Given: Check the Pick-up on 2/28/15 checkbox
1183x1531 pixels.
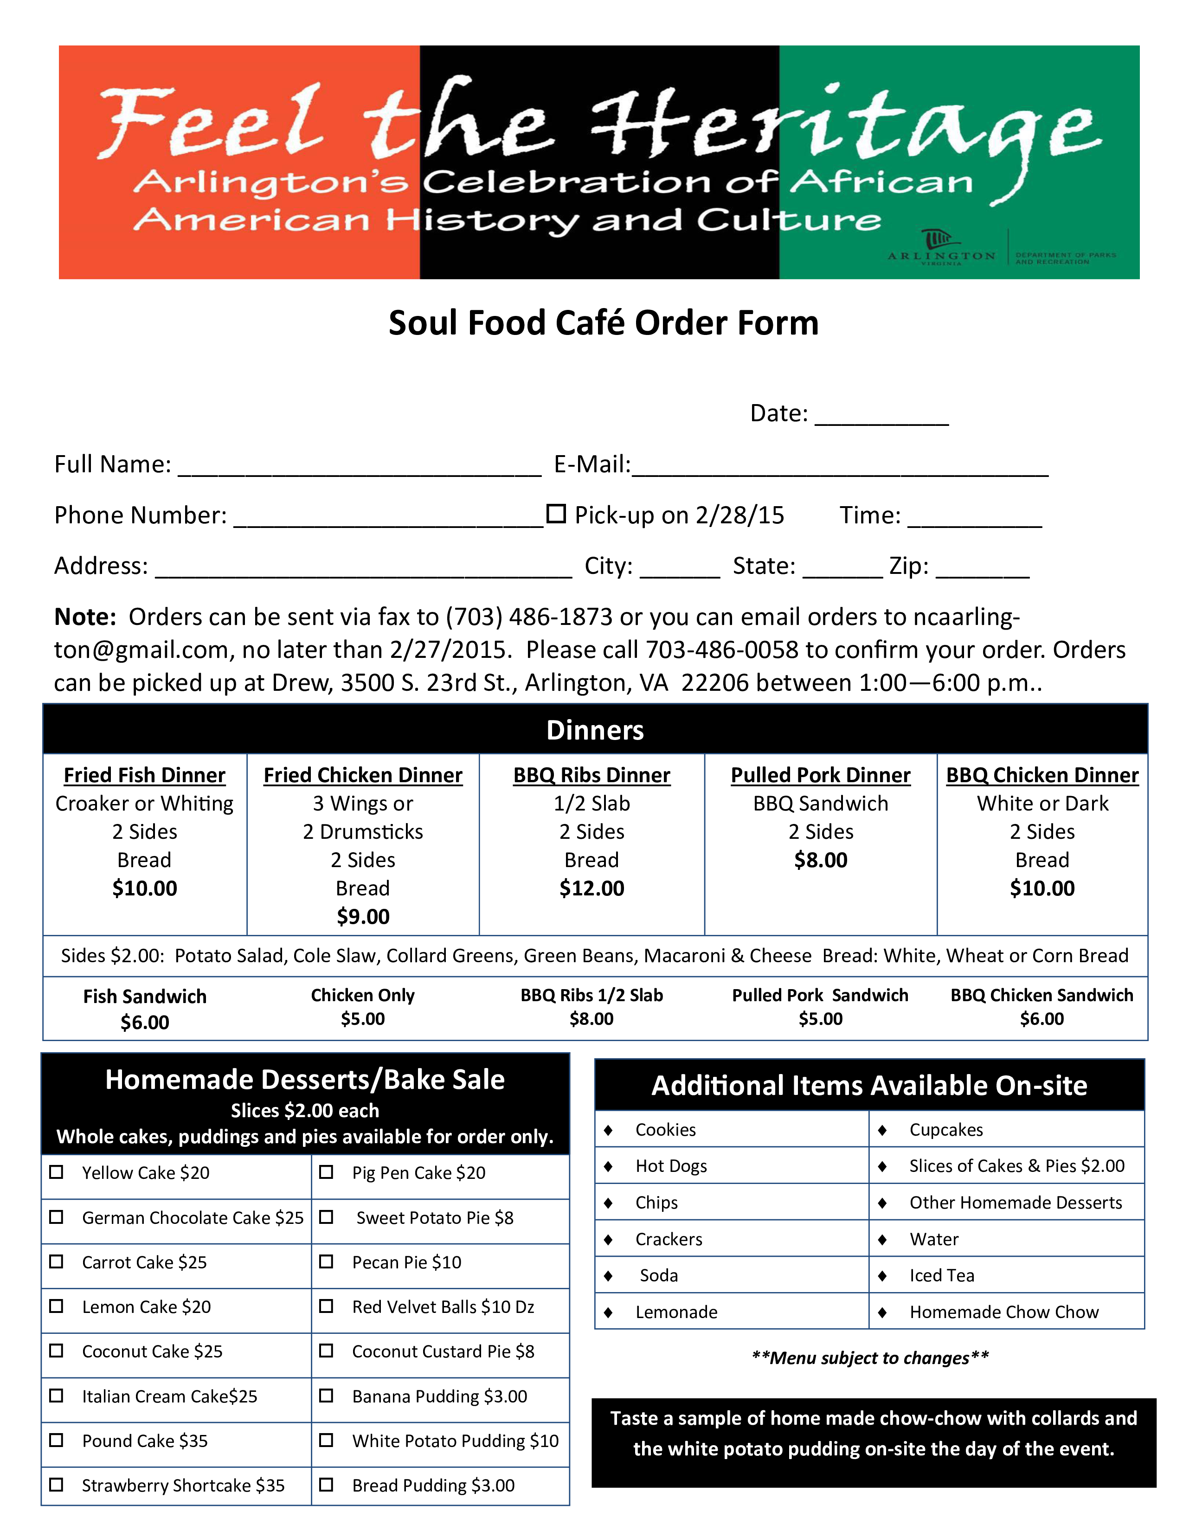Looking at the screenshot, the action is [556, 514].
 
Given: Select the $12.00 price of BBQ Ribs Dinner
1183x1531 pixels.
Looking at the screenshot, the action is [591, 888].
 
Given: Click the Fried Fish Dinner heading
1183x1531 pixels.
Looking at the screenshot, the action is [144, 775].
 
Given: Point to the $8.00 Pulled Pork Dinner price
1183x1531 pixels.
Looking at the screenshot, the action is [821, 860].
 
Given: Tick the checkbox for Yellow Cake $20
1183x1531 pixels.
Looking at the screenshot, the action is [56, 1172].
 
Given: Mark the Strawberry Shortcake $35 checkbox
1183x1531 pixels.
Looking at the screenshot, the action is [56, 1485].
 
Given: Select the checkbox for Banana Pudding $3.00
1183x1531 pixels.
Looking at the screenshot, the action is [326, 1396].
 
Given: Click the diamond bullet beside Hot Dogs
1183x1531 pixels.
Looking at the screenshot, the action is [608, 1166].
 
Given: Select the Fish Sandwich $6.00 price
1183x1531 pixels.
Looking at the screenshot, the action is [144, 1023].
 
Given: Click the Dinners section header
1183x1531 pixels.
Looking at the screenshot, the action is [595, 730].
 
